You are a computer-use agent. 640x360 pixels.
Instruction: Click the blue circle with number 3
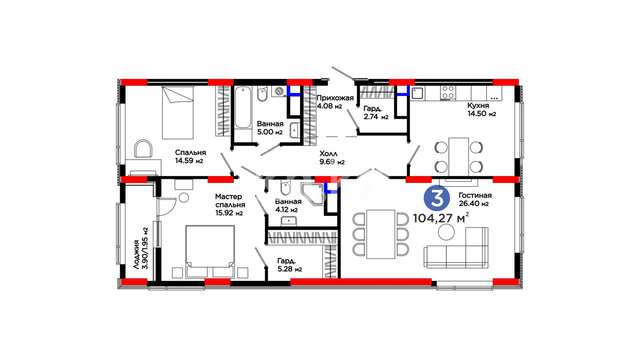click(x=436, y=198)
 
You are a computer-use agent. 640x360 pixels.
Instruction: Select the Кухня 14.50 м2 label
click(x=482, y=110)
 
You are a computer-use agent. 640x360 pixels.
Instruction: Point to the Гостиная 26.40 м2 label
click(x=475, y=200)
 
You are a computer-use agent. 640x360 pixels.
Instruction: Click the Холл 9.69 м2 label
click(x=332, y=158)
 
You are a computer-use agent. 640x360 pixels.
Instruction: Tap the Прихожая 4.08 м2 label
click(x=335, y=102)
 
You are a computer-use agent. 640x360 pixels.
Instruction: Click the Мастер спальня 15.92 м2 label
click(x=230, y=204)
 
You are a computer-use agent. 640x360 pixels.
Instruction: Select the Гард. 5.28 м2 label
click(x=290, y=265)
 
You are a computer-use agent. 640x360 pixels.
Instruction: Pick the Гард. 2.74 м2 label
click(x=376, y=112)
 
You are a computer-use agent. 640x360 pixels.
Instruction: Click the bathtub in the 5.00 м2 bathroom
click(x=243, y=108)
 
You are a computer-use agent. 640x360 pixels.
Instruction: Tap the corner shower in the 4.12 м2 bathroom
click(x=312, y=194)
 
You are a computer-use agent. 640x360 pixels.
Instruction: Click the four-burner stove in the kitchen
click(x=448, y=93)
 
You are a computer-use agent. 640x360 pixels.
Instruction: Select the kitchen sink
click(x=418, y=93)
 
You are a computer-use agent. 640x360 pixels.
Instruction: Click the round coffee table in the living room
click(x=446, y=232)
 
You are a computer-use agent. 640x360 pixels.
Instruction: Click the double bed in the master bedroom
click(x=210, y=252)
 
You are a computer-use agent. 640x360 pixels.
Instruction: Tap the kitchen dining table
click(x=458, y=157)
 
